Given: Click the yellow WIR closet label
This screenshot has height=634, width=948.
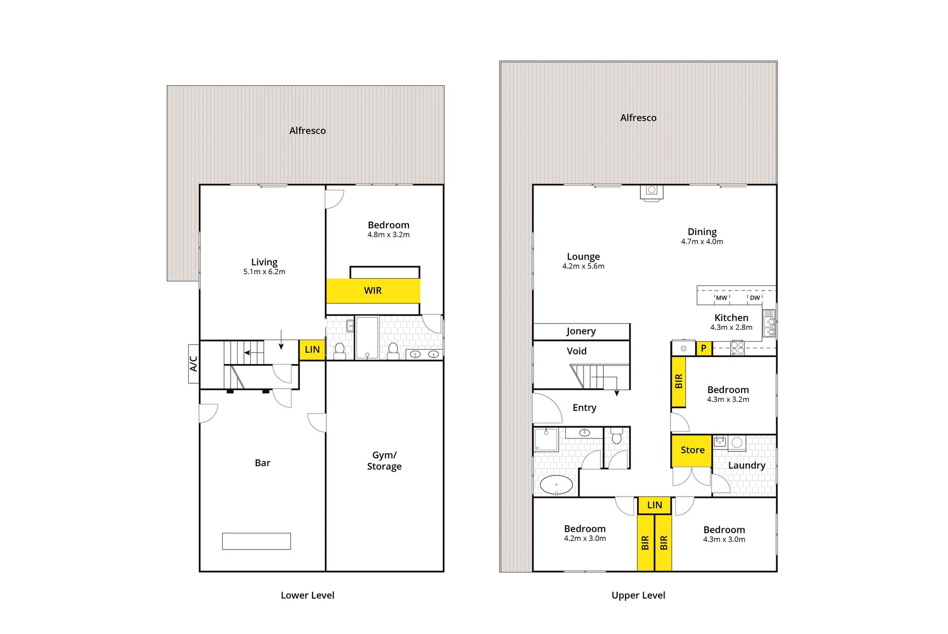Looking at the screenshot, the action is tap(373, 291).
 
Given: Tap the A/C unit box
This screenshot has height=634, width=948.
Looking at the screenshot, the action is tap(194, 364).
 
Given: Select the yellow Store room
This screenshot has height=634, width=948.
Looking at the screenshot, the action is tap(692, 450).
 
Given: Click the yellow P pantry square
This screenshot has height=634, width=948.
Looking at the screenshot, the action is tap(704, 348).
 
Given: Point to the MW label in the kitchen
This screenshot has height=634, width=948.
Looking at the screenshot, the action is tap(721, 298).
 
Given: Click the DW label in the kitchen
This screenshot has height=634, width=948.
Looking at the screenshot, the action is tap(754, 298).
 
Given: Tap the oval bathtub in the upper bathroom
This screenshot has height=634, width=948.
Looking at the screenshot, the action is tap(556, 485).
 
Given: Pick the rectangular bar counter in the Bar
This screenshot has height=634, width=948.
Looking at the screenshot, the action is tap(256, 541).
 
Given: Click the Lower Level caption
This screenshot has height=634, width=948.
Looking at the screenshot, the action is tap(308, 595).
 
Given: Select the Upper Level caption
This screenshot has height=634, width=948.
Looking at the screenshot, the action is tap(638, 595).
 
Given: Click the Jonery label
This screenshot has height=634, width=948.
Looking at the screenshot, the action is tap(581, 331).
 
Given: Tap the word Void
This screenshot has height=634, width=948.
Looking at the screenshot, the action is tap(577, 351).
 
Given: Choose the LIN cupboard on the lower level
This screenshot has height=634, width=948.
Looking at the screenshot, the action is tap(312, 350).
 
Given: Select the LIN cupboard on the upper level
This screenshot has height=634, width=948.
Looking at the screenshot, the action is tap(654, 505).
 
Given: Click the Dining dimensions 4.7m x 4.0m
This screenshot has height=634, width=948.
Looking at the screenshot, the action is tap(702, 241).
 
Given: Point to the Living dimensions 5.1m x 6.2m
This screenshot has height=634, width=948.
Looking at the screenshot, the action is tap(264, 272).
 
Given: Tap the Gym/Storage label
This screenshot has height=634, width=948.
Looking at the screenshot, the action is tap(384, 461).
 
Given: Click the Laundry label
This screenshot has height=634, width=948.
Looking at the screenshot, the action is tap(747, 465).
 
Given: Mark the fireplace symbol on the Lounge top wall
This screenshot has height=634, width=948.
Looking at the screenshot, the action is tap(652, 192).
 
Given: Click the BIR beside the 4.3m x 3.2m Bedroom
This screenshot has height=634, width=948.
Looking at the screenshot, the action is tap(678, 381).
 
